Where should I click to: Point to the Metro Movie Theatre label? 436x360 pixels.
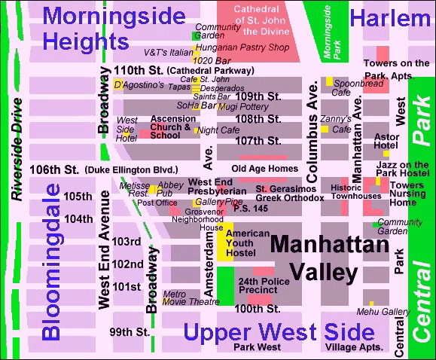point(186,298)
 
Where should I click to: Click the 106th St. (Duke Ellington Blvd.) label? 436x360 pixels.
point(104,169)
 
